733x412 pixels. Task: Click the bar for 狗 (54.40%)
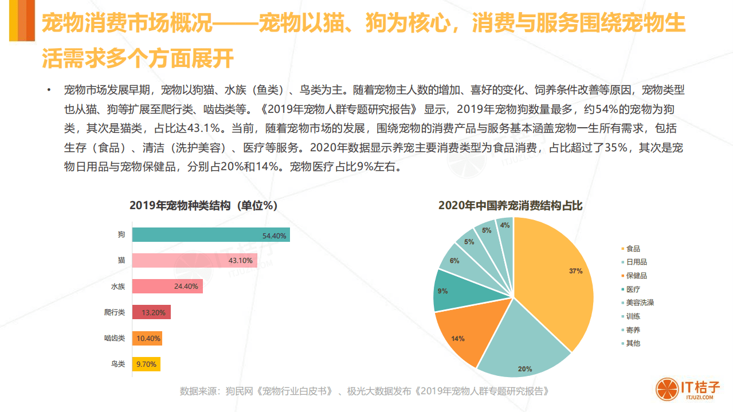(210, 235)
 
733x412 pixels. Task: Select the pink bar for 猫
(194, 261)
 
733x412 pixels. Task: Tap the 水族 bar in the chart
(167, 287)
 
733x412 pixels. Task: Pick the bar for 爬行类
(151, 312)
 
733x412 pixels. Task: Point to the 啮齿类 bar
(147, 338)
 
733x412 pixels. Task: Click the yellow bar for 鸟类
(146, 363)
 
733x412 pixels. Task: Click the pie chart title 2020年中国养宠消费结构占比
(510, 206)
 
